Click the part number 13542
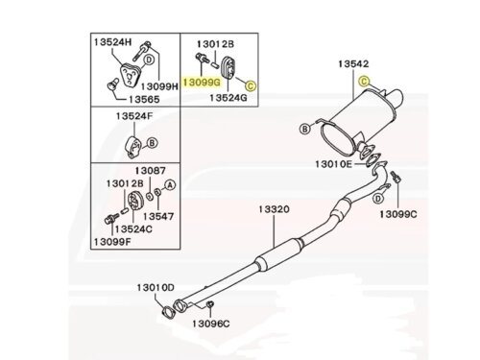(353, 64)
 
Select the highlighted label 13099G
(202, 83)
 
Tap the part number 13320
(274, 209)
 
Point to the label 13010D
(156, 288)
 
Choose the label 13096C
(211, 324)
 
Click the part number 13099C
(398, 214)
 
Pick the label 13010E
(333, 164)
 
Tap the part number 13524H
(113, 42)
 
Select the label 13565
(144, 99)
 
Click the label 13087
(150, 171)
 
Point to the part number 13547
(158, 216)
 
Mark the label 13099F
(112, 242)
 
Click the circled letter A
(170, 184)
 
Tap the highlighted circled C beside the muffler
(364, 82)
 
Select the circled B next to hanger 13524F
(152, 142)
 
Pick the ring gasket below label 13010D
(168, 312)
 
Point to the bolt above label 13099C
(396, 177)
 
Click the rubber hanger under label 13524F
(132, 148)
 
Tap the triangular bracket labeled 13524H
(129, 75)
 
